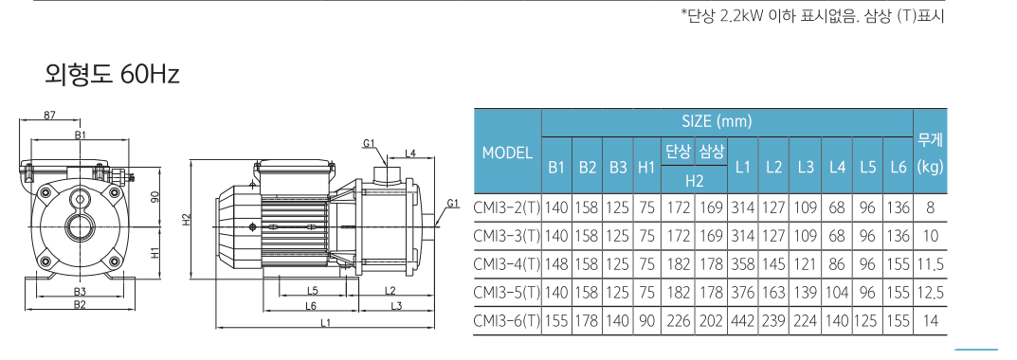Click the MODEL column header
507,153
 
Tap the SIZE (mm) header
717,120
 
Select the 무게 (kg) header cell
931,153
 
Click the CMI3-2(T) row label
507,208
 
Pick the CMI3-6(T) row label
507,320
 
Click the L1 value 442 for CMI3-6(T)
743,320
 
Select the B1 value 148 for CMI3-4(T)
555,264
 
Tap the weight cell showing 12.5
931,293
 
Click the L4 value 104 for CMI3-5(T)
837,293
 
